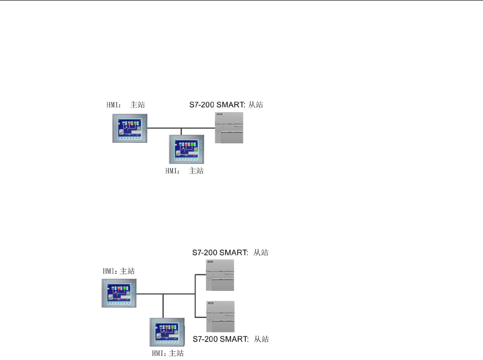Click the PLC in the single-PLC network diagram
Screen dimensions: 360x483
(x=229, y=128)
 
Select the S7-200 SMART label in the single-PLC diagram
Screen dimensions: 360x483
(x=225, y=105)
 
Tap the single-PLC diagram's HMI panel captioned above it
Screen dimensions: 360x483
(x=128, y=128)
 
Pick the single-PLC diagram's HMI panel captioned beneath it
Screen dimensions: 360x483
(x=184, y=149)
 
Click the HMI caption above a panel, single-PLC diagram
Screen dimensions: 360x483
(x=125, y=105)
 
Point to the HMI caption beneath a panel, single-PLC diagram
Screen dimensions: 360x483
(x=184, y=171)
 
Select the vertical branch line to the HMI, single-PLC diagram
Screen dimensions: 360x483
(x=181, y=131)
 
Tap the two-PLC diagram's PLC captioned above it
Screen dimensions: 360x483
(x=220, y=275)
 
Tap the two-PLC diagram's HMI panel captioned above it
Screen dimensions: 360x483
(x=119, y=293)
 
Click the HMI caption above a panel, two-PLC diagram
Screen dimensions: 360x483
(x=119, y=271)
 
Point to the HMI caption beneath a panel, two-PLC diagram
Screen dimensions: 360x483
(x=168, y=353)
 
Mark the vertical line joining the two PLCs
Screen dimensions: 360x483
(x=195, y=296)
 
